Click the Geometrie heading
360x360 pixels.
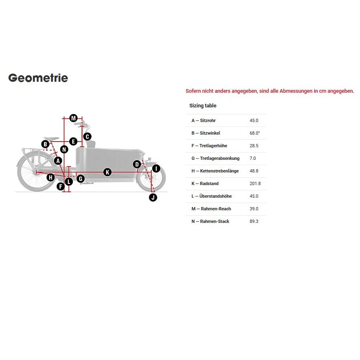[38, 78]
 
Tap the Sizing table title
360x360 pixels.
[203, 106]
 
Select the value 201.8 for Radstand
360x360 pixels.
[255, 183]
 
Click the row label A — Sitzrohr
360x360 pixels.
[203, 120]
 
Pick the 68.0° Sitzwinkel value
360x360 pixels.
[255, 133]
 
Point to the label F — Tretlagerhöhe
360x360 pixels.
[209, 146]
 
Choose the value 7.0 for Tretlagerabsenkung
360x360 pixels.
[253, 158]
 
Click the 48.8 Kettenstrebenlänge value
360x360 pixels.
[254, 171]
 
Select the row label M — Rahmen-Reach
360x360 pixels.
[211, 209]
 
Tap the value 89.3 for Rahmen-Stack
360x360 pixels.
[254, 221]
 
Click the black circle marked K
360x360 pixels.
[107, 172]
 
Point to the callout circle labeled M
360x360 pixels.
[74, 118]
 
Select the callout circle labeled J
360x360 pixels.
[153, 197]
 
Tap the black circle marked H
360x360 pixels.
[50, 177]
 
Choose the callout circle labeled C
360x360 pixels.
[87, 137]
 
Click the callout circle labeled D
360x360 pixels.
[137, 164]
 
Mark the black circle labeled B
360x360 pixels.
[46, 144]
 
